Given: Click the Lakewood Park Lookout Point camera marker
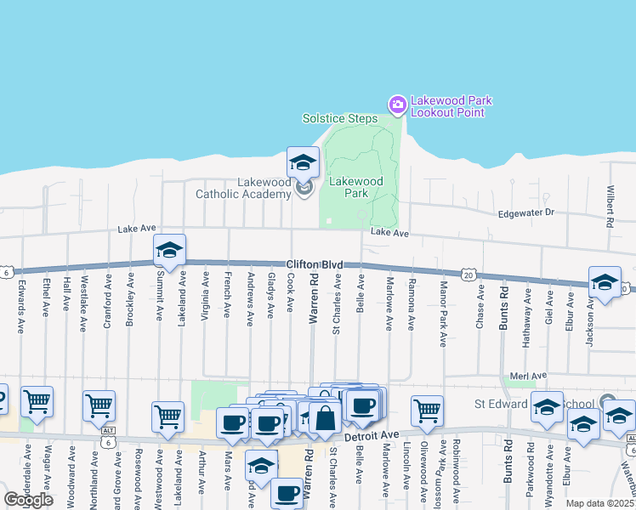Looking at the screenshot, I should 397,105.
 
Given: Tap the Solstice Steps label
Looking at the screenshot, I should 340,118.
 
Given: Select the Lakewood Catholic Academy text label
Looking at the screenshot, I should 243,188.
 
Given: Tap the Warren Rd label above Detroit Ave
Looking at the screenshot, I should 314,298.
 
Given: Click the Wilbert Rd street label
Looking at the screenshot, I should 610,207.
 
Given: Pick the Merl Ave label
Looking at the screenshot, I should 529,376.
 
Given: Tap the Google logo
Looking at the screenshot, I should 29,500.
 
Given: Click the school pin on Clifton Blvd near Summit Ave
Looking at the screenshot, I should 169,250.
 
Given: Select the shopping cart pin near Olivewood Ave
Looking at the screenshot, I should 427,411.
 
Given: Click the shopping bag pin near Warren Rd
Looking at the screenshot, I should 325,417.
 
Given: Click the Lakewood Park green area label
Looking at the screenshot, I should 356,187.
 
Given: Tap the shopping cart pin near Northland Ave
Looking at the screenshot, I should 99,405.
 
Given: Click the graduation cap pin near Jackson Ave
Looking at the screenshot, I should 605,282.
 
